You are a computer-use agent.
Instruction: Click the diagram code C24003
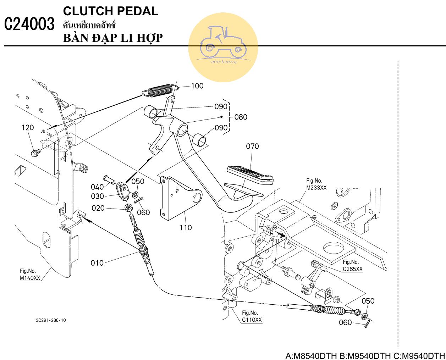pos(29,24)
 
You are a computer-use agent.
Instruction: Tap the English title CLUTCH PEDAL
pos(110,11)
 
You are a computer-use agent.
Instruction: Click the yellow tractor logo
pos(223,47)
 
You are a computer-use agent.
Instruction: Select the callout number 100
pos(197,85)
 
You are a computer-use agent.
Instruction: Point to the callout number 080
pos(241,117)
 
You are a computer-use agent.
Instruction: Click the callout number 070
pos(252,146)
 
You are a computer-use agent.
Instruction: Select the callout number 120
pos(28,128)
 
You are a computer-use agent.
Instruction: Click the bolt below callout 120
pos(35,153)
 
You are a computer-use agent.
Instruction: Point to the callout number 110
pos(186,227)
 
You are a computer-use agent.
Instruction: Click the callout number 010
pos(97,263)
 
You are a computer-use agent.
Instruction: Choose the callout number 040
pos(97,187)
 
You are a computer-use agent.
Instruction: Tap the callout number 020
pos(98,208)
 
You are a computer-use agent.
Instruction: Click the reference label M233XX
pos(316,188)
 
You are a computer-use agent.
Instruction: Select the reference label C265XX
pos(353,269)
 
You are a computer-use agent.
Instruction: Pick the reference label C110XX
pos(252,320)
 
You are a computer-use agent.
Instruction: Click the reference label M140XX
pos(30,278)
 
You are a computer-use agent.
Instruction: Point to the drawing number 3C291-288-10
pos(51,320)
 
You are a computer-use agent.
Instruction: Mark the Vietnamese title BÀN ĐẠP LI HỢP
pos(113,38)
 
